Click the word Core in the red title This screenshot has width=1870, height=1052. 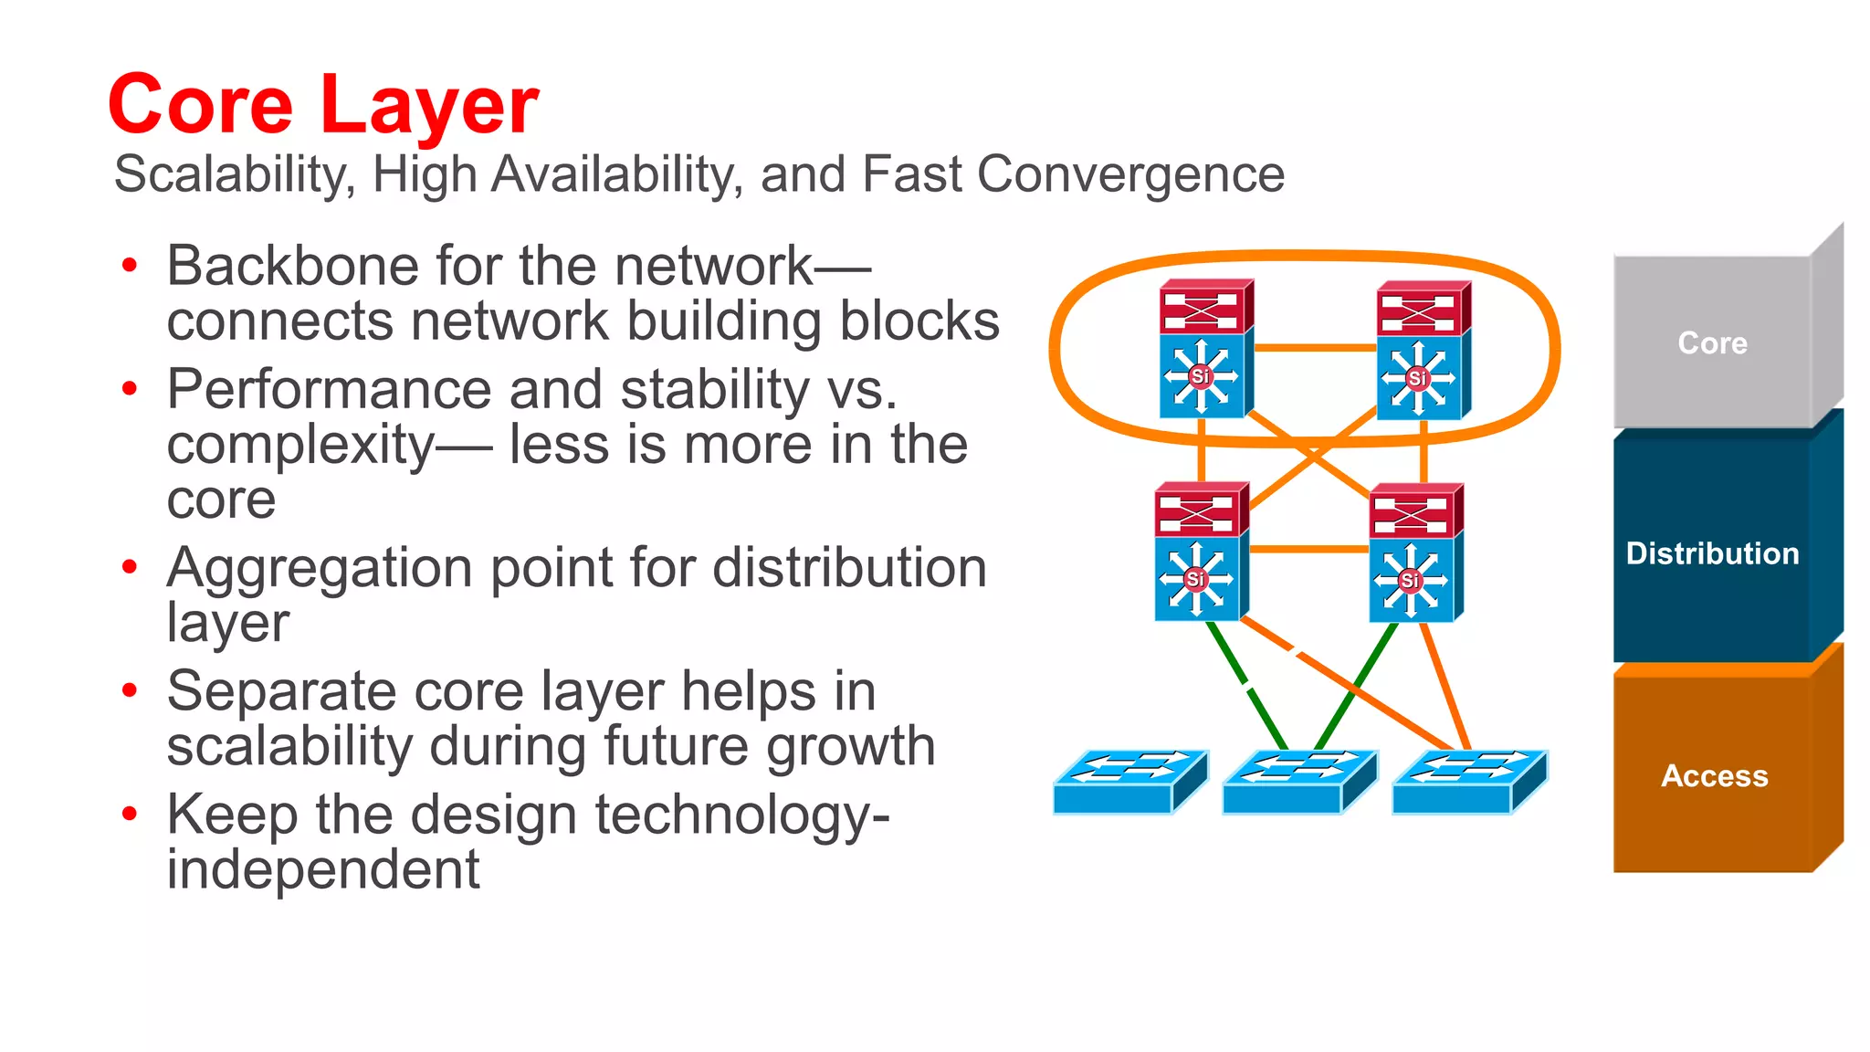(201, 105)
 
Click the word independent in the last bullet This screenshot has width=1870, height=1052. (322, 869)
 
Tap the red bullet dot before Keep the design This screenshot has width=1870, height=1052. (130, 813)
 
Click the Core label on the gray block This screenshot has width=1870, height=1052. (1712, 343)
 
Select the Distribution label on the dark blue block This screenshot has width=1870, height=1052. (1712, 553)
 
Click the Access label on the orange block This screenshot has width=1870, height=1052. (1714, 776)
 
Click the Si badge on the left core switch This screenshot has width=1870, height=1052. (1200, 375)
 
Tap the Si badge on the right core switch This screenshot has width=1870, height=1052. (1417, 377)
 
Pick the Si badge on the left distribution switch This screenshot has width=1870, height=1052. (1194, 579)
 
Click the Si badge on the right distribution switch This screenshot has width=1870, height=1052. (1410, 580)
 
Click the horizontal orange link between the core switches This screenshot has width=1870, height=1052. (1315, 348)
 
